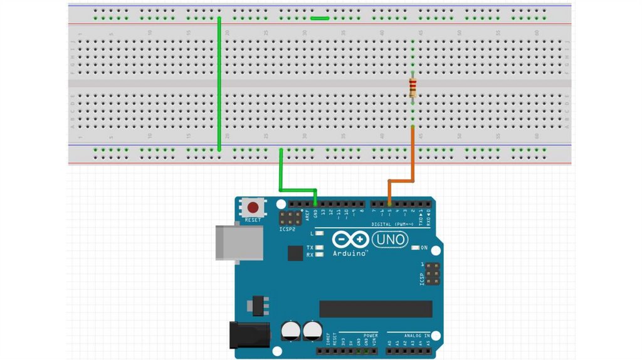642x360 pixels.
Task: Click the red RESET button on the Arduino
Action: pos(254,207)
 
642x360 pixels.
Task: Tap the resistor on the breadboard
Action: pos(413,88)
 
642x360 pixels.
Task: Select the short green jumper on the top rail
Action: pos(320,18)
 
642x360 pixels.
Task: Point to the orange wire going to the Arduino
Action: pos(413,157)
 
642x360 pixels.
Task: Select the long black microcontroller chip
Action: pos(376,309)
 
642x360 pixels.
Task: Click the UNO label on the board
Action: pos(390,239)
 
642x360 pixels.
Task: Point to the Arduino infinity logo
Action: pos(350,240)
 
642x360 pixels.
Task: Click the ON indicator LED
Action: pos(415,248)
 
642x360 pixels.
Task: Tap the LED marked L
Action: pos(320,233)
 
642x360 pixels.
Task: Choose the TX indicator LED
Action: pos(320,248)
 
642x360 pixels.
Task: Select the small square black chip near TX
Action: pos(295,253)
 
